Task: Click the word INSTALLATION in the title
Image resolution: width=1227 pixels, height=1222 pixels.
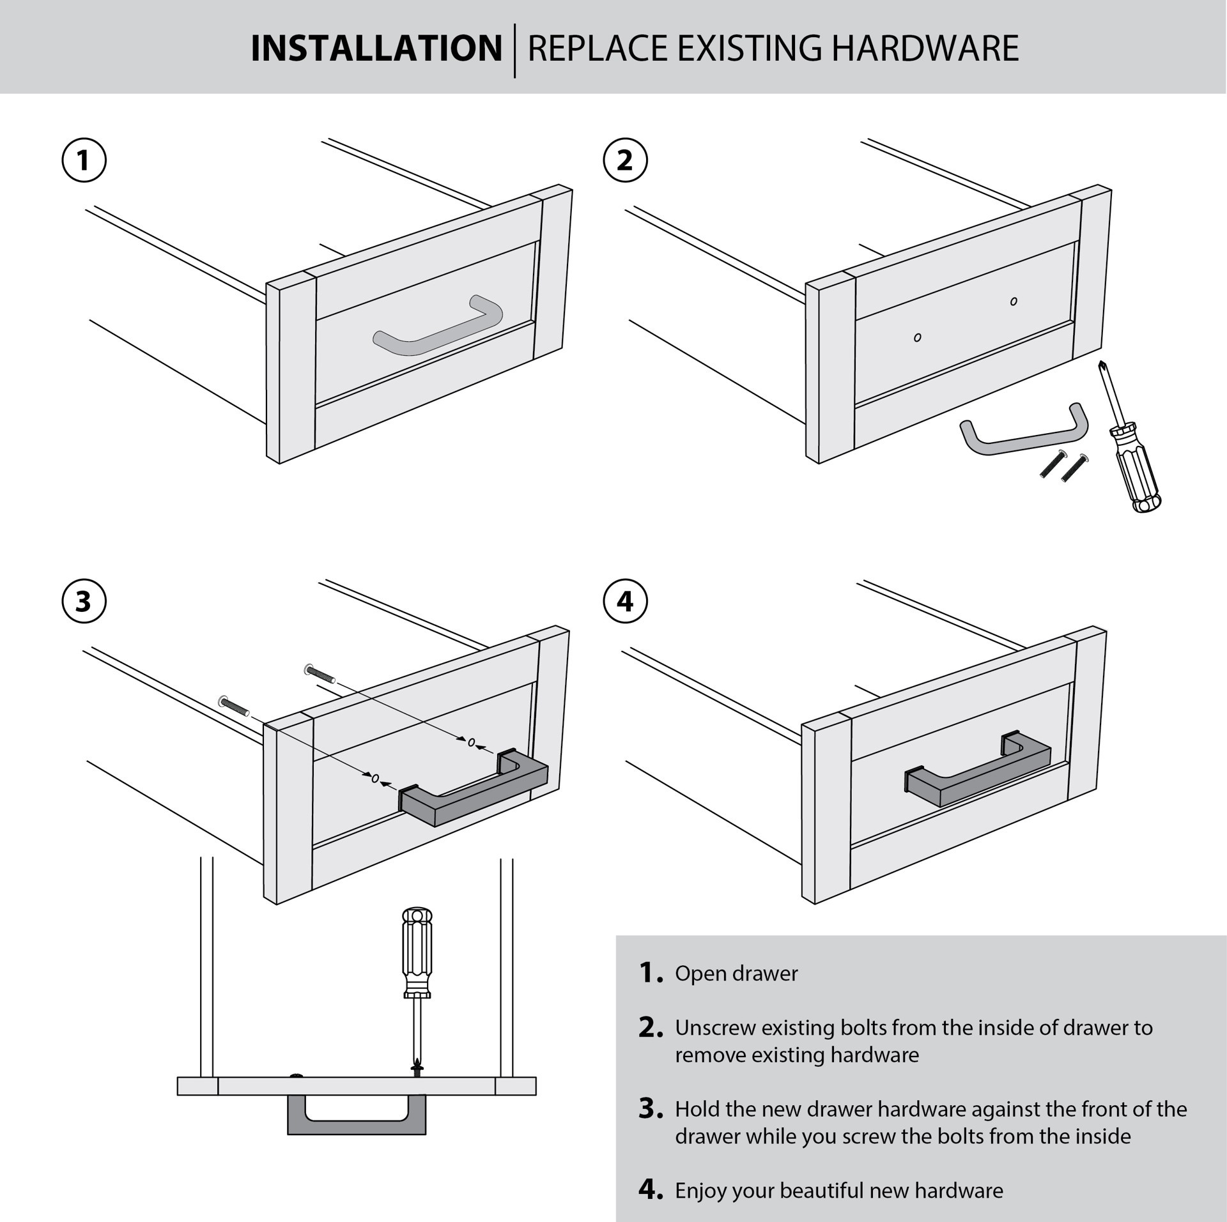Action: click(x=376, y=49)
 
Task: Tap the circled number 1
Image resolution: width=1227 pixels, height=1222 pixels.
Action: click(x=84, y=160)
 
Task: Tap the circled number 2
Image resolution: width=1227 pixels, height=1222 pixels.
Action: click(x=625, y=160)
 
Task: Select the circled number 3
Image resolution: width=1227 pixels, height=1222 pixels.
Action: click(x=84, y=602)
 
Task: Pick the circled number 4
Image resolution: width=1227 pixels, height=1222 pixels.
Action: click(x=625, y=602)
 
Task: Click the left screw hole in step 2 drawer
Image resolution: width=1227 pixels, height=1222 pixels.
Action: click(x=917, y=337)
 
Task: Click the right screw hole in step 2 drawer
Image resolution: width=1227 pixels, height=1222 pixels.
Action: click(x=1014, y=302)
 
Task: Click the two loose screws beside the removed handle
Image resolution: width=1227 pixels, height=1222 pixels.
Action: click(x=1064, y=465)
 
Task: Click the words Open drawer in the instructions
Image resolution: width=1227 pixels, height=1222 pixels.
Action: click(x=736, y=974)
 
